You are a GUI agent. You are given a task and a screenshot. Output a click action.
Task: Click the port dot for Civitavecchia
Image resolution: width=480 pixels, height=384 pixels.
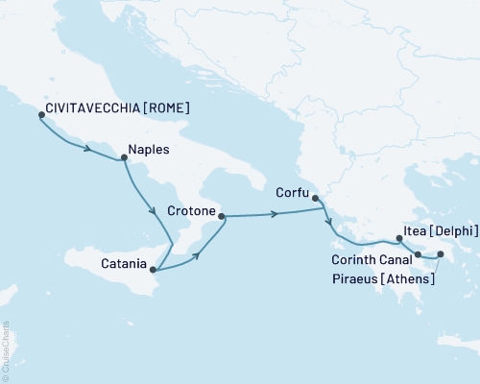[40, 114]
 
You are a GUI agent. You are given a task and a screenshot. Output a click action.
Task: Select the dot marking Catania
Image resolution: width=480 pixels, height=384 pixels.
[153, 270]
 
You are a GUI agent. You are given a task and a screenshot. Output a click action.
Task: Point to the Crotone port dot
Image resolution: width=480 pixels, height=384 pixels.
[222, 217]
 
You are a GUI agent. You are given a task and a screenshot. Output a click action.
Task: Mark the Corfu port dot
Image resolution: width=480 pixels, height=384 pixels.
[315, 198]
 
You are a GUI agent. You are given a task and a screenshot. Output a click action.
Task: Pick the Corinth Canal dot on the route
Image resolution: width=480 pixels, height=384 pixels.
[418, 254]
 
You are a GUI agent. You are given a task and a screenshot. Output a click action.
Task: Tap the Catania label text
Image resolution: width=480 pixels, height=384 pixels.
[123, 262]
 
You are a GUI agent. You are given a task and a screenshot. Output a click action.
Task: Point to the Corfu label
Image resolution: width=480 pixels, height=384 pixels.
[291, 191]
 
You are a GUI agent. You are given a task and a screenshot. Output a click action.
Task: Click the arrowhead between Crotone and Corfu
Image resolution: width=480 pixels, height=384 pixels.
[276, 214]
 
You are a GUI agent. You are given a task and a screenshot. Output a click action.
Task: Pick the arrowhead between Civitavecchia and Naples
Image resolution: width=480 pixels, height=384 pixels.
[88, 149]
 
